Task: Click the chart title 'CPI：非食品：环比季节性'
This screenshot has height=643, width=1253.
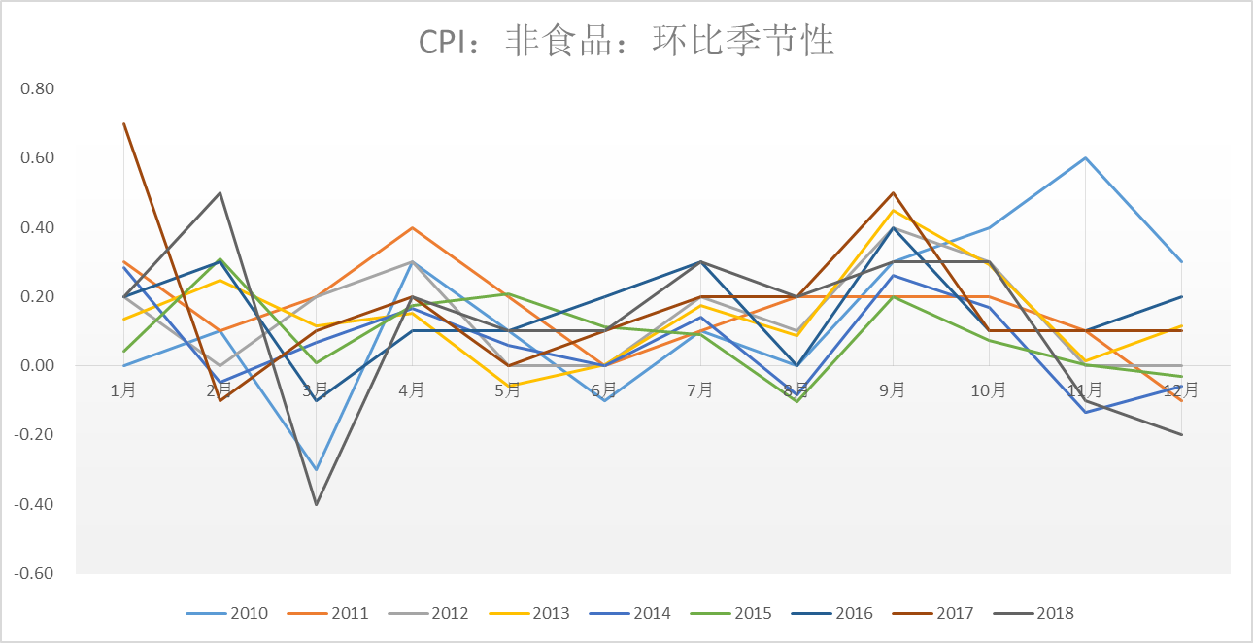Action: click(626, 42)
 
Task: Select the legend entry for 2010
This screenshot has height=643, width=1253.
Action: click(227, 613)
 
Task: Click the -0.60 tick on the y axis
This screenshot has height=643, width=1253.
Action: click(35, 573)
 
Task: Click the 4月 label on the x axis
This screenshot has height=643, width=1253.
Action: click(412, 390)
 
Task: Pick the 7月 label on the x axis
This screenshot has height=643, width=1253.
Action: click(700, 390)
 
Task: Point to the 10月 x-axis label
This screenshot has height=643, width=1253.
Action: click(989, 390)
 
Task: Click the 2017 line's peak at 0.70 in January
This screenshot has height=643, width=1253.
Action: click(124, 123)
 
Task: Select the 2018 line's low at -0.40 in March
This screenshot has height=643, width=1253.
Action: click(316, 504)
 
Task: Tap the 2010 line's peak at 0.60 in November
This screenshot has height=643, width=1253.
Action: click(1085, 157)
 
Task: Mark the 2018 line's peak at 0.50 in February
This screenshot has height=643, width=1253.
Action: click(220, 192)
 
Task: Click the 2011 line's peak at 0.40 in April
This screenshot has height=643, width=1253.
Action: click(412, 227)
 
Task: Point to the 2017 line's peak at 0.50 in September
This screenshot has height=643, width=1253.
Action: click(893, 192)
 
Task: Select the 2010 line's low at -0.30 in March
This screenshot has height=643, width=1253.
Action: click(316, 470)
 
